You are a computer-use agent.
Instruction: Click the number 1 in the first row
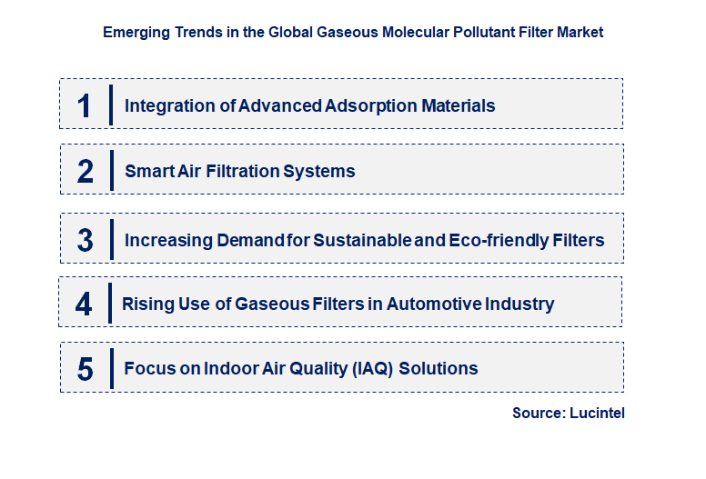tap(85, 105)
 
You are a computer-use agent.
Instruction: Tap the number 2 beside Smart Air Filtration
tap(85, 171)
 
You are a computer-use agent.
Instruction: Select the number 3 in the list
tap(85, 240)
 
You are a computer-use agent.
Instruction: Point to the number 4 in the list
tap(84, 304)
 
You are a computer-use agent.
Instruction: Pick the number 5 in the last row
tap(85, 369)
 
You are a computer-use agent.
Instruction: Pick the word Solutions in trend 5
tap(440, 368)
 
